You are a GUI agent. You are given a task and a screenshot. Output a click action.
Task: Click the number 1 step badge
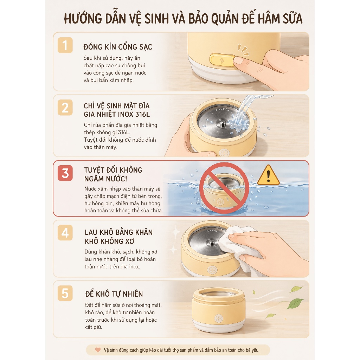[65, 45]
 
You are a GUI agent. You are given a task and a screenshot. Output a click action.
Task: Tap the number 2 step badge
[65, 108]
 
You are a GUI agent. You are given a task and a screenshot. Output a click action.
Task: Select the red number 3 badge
[65, 173]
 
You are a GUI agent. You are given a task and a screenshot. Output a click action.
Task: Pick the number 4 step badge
[65, 233]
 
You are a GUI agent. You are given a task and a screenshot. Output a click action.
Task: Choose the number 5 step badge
[65, 293]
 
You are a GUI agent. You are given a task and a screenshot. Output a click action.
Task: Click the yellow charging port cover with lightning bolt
[222, 60]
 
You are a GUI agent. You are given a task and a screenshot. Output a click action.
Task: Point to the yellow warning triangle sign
[268, 175]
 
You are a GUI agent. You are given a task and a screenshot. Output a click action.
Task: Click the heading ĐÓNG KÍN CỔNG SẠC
[118, 47]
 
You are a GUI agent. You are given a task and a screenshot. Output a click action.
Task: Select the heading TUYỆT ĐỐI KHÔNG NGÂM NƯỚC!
[113, 174]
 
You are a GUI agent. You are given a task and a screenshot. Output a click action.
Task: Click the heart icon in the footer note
[98, 350]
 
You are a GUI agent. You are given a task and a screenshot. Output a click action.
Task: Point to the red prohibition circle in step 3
[224, 188]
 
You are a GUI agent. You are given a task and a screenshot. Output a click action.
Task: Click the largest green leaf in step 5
[295, 303]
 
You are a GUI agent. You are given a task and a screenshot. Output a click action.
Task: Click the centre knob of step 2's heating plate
[223, 123]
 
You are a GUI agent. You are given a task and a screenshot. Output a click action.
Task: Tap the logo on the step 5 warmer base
[219, 319]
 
